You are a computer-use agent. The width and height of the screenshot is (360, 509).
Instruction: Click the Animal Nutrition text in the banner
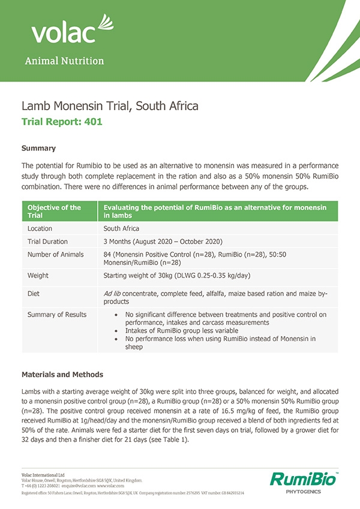coord(64,61)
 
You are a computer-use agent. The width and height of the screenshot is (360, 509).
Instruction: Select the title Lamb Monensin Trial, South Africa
coord(110,107)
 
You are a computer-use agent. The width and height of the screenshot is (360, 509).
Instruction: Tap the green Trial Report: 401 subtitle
coord(62,121)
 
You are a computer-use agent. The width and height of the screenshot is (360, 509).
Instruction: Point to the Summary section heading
coord(38,147)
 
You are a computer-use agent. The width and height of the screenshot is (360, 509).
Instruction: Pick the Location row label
coord(40,228)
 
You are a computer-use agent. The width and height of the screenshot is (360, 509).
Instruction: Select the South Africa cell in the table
coord(121,228)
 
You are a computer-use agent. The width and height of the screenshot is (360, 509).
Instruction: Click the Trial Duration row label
coord(49,241)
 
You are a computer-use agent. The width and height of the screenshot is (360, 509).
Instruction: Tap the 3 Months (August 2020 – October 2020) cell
coord(163,241)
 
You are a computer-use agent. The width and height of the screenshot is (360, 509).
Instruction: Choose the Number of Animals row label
coord(56,254)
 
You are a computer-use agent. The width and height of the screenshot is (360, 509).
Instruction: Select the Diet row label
coord(34,294)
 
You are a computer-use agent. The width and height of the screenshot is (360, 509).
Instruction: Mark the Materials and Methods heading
coord(62,375)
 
